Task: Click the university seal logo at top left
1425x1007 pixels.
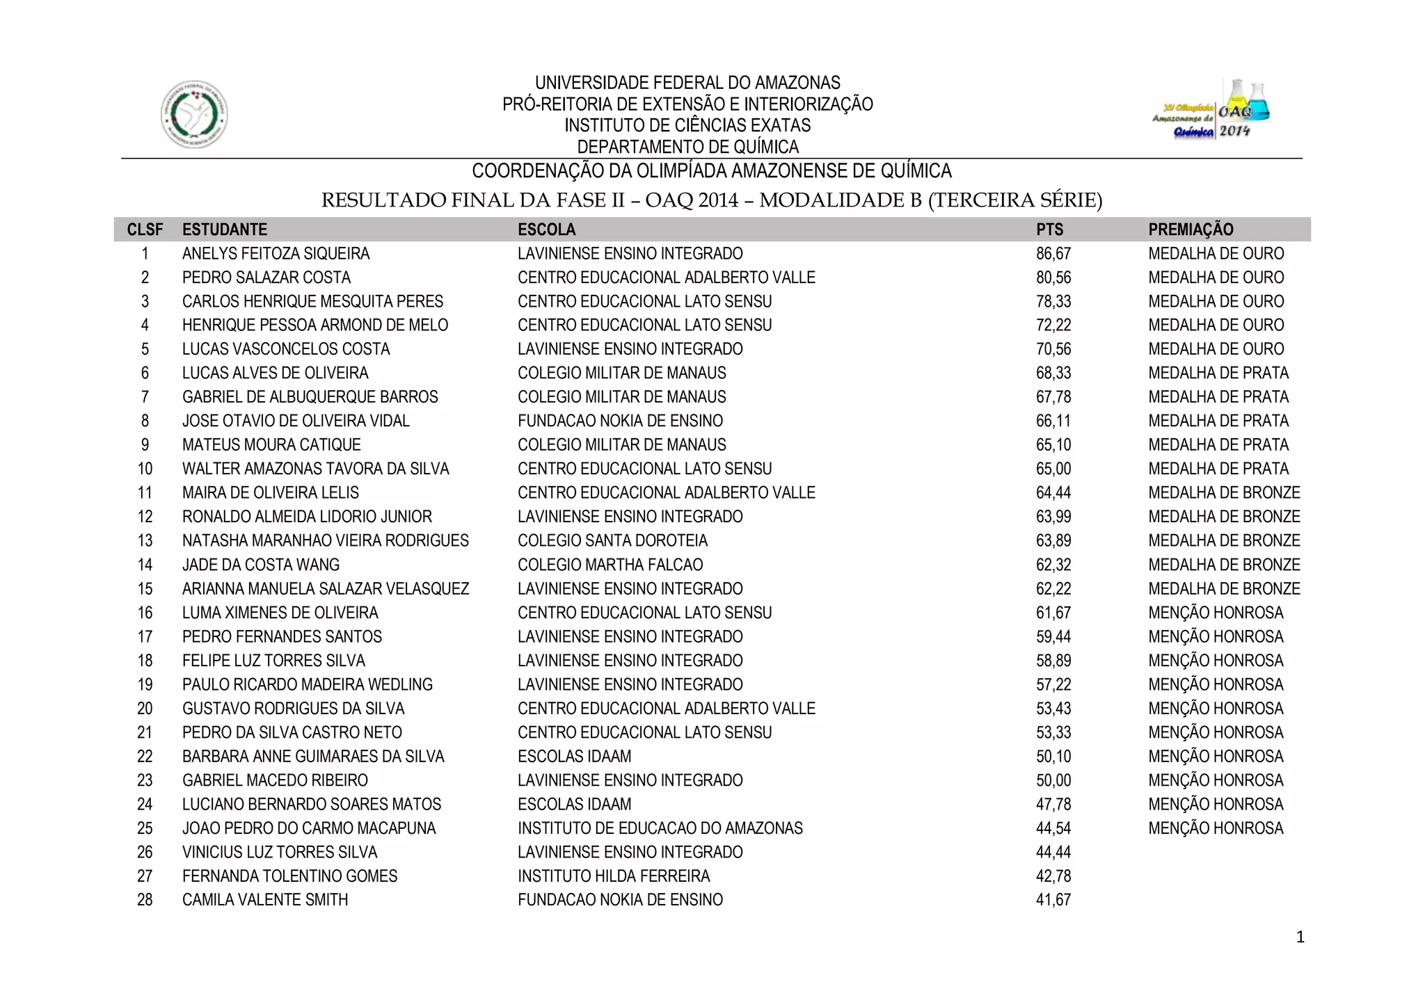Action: tap(194, 114)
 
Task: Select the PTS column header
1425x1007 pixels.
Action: tap(1049, 229)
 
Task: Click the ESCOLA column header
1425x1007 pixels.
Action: tap(546, 229)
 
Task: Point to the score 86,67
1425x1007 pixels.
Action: tap(1053, 254)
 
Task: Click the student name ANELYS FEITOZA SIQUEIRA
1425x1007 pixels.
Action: tap(276, 254)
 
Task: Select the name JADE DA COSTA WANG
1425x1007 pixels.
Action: tap(261, 565)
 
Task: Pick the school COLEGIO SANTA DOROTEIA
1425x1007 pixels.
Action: tap(612, 540)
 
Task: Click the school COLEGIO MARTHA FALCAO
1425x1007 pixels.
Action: tap(610, 565)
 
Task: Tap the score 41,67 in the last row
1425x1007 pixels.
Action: tap(1053, 900)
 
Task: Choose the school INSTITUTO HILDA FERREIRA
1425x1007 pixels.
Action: tap(614, 876)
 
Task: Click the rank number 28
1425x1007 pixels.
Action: tap(145, 900)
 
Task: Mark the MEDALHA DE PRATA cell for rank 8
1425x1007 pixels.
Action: tap(1218, 421)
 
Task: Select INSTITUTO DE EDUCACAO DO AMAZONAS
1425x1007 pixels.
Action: tap(660, 828)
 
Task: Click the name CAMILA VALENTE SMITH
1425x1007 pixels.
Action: tap(265, 900)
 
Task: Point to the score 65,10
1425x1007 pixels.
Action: tap(1053, 445)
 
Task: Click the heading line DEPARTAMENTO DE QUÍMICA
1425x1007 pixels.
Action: tap(687, 147)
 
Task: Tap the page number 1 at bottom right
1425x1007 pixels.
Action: tap(1300, 937)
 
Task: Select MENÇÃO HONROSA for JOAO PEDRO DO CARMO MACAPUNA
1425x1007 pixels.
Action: tap(1216, 828)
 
